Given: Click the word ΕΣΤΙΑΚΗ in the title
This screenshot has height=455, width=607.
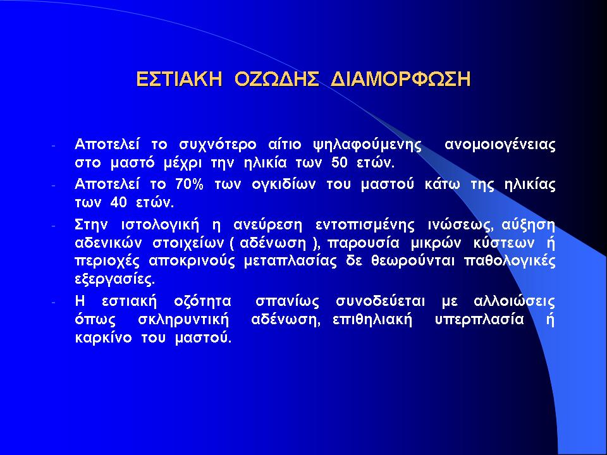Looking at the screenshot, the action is tap(179, 79).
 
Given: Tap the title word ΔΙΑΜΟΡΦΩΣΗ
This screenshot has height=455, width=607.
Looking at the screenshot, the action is tap(401, 79).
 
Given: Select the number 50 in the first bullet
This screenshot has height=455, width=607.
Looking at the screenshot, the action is tap(340, 163).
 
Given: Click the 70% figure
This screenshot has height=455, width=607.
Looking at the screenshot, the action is tap(189, 184).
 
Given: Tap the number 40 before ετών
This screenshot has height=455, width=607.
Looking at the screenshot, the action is tap(118, 202).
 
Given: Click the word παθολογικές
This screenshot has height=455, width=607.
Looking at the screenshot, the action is tap(510, 262).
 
